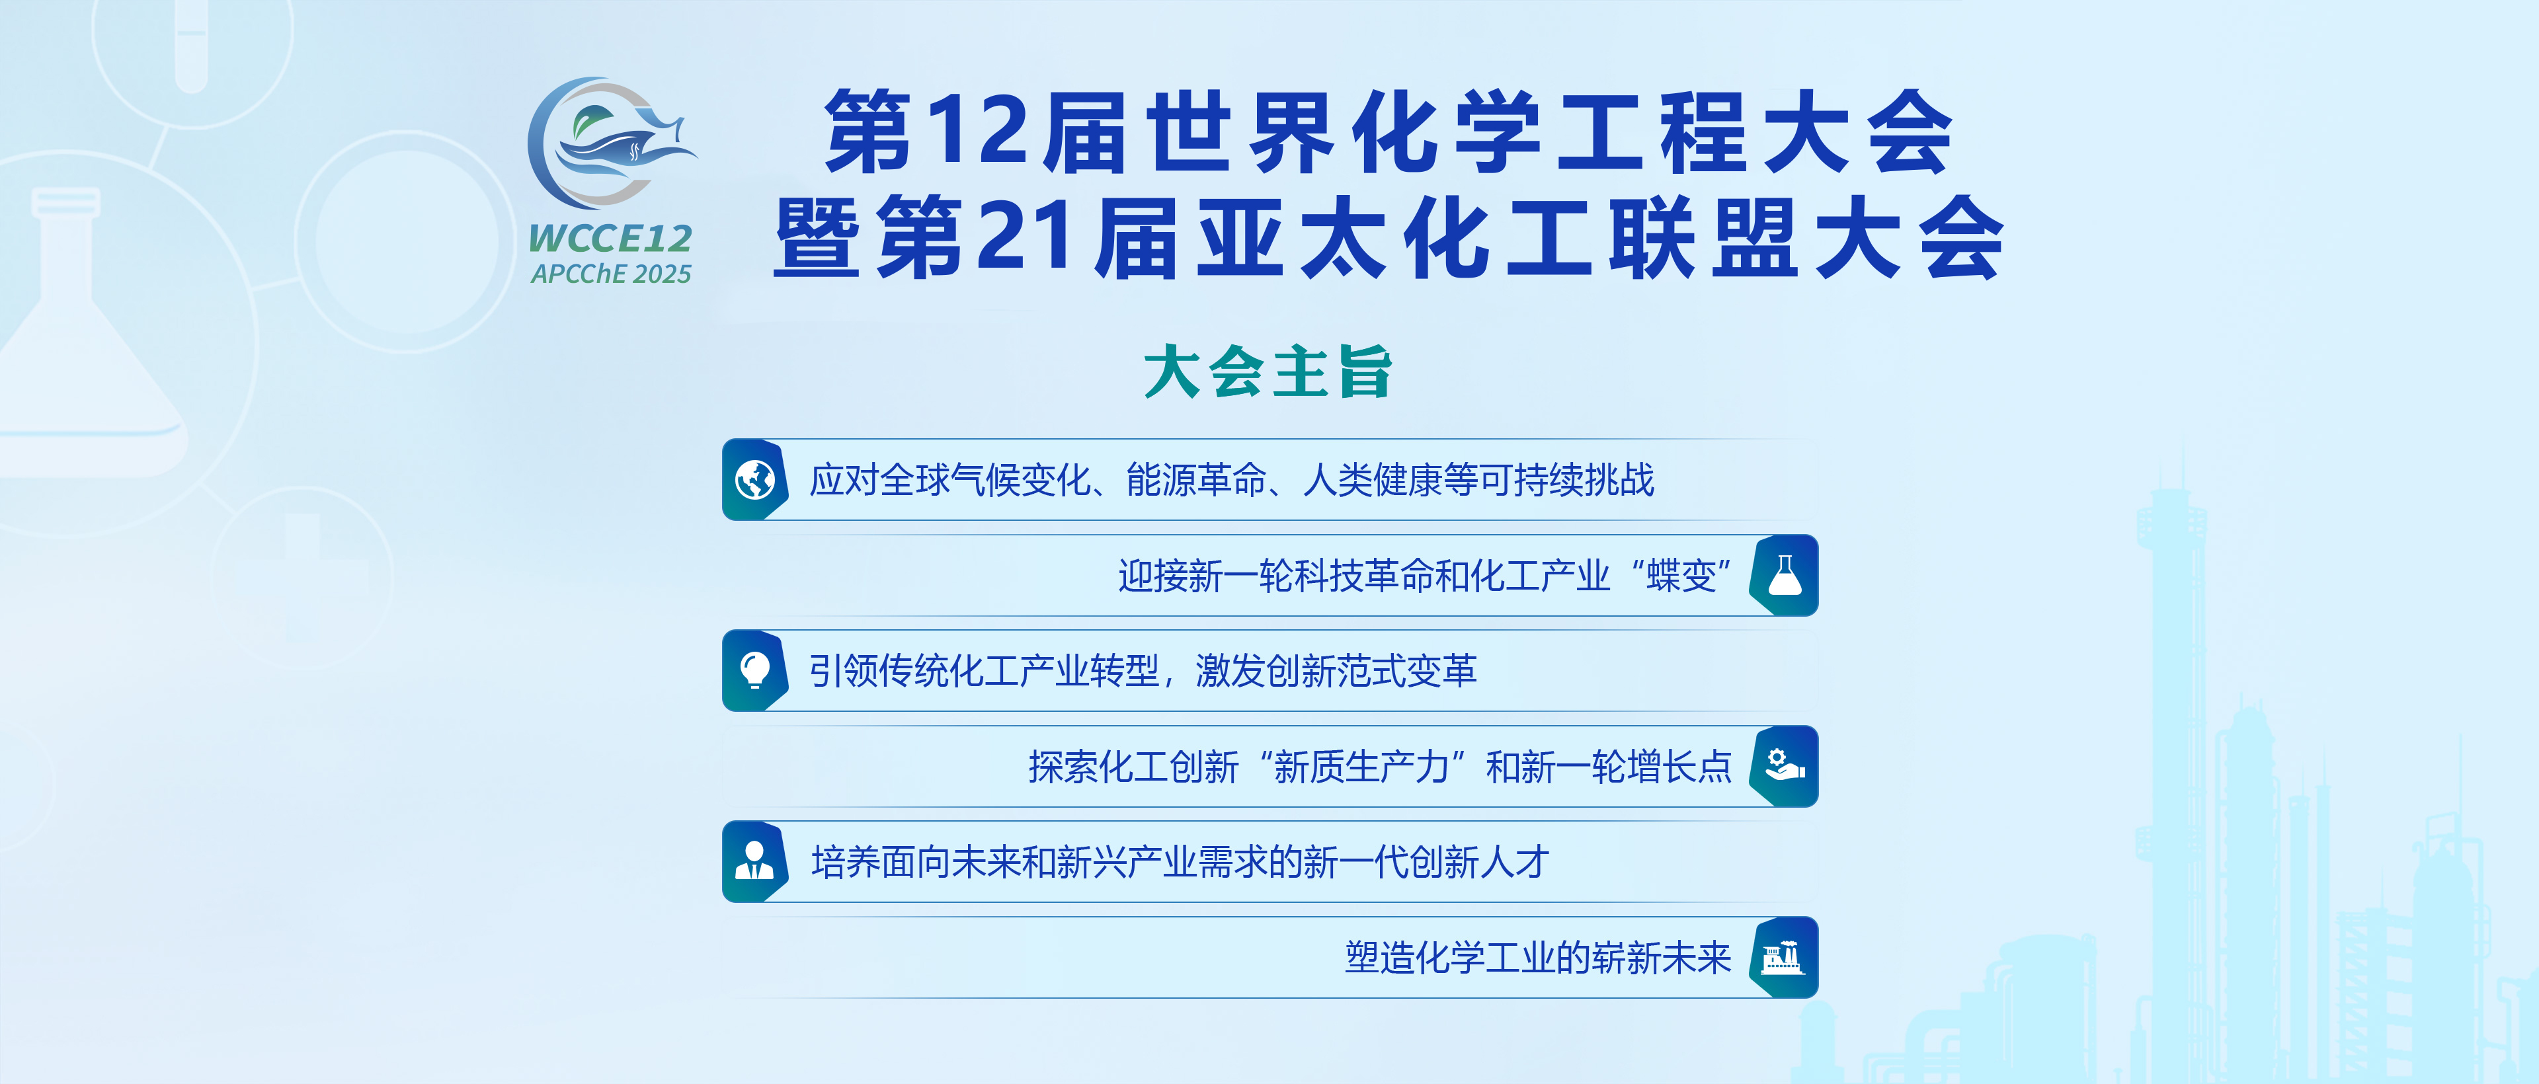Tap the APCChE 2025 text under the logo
pos(610,274)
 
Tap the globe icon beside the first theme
pos(755,480)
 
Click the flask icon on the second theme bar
pos(1784,576)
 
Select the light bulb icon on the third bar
pos(755,670)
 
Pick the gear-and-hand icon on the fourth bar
pos(1784,765)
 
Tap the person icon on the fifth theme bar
pos(755,861)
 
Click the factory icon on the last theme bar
pos(1784,957)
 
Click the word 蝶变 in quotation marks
pos(1681,576)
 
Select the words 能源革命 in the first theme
pos(1195,480)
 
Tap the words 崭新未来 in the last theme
pos(1661,958)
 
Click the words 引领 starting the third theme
pos(844,671)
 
